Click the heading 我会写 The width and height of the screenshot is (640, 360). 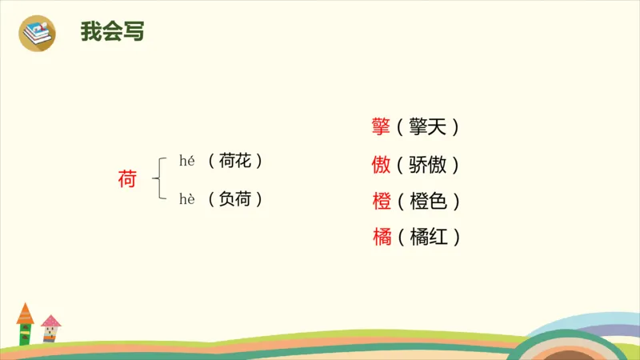112,32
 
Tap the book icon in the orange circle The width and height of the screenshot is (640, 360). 38,33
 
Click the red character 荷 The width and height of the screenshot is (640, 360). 126,180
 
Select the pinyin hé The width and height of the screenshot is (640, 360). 187,161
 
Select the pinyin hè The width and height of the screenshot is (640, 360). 187,199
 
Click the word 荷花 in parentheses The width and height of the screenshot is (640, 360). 235,161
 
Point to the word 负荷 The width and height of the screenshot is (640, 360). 235,199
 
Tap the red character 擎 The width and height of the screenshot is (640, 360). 381,126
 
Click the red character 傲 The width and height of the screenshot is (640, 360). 381,165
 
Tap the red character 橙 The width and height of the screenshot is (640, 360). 381,201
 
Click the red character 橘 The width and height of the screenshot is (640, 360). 381,237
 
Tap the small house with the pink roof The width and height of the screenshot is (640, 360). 51,329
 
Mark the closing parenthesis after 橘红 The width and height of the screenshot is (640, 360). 456,237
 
